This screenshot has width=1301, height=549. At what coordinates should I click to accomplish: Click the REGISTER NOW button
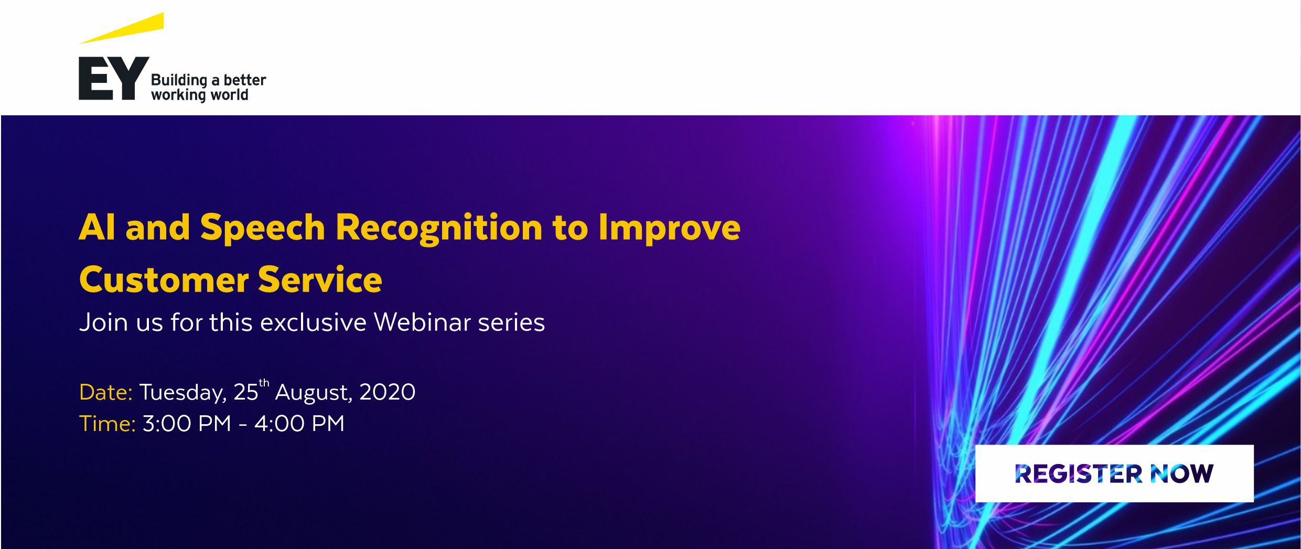[x=1114, y=473]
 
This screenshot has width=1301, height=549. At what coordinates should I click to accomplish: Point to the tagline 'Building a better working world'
[x=208, y=88]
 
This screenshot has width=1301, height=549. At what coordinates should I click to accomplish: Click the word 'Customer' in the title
[x=164, y=279]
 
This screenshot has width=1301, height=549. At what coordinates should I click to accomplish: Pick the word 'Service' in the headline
[x=320, y=279]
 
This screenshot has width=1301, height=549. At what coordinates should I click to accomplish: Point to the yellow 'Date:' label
[x=106, y=392]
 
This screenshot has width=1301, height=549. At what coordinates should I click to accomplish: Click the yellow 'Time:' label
[x=107, y=423]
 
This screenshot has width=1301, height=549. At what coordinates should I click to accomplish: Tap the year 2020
[x=388, y=392]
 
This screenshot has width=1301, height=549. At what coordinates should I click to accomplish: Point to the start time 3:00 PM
[x=187, y=423]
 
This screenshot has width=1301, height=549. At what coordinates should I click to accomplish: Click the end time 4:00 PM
[x=299, y=423]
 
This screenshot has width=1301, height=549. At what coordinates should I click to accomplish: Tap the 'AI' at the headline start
[x=97, y=227]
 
